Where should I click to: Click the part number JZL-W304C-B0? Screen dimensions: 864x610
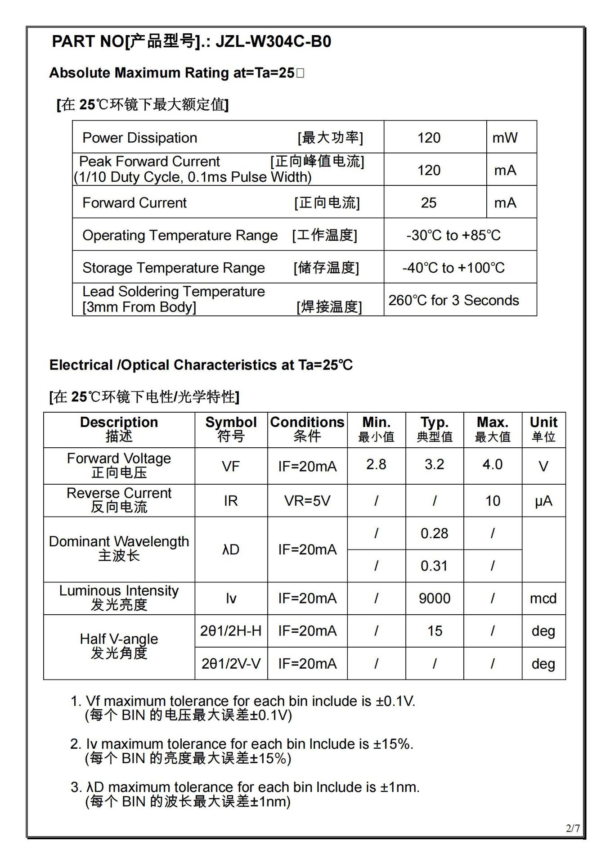point(274,41)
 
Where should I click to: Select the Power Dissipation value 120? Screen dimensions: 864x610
point(429,138)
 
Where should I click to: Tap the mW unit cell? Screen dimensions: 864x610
point(505,138)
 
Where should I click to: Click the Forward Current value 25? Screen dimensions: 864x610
point(429,202)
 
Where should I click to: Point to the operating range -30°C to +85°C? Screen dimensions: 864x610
point(453,235)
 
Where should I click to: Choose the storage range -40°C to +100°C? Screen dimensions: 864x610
point(453,268)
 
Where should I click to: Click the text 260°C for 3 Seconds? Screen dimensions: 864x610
point(453,300)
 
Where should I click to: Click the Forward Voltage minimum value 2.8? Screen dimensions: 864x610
point(376,464)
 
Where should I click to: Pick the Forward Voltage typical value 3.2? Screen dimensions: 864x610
point(434,464)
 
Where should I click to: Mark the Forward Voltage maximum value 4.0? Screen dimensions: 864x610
point(492,464)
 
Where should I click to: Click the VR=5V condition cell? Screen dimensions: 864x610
point(307,501)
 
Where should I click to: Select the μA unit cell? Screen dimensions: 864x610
point(543,501)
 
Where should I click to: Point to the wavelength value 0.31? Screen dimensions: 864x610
point(434,566)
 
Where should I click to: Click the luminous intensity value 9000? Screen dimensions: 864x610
point(434,598)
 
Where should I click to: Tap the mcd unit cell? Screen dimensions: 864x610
point(543,598)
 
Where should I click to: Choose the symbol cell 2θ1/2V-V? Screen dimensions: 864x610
point(231,664)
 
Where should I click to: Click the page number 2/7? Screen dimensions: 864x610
point(573,828)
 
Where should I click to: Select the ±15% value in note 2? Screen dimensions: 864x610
point(393,744)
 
